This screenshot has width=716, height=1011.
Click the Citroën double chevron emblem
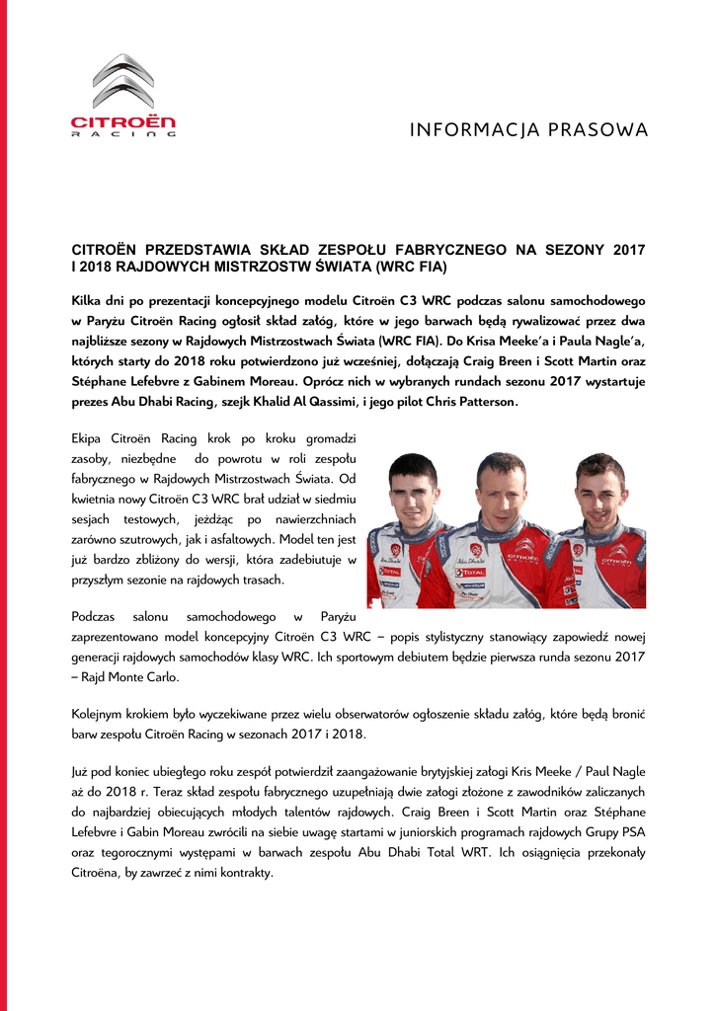[x=122, y=82]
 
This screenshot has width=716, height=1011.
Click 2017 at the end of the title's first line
[x=628, y=251]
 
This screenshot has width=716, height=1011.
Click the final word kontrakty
[x=241, y=873]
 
